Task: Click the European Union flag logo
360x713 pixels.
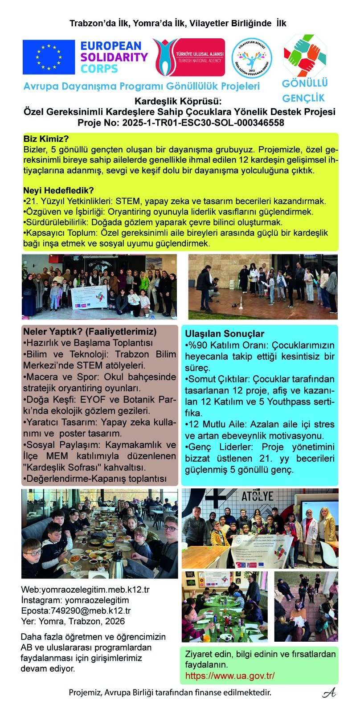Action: click(x=49, y=57)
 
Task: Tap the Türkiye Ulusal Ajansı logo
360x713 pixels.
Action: click(x=188, y=57)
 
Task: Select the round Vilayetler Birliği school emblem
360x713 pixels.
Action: click(x=252, y=58)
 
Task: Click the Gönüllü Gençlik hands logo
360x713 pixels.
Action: click(x=305, y=56)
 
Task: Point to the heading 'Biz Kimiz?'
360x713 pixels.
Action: click(x=46, y=139)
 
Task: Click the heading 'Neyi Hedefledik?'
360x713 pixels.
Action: click(x=58, y=191)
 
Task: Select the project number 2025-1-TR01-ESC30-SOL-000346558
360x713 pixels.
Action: click(x=203, y=123)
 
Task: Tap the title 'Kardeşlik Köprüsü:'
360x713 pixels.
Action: click(x=178, y=101)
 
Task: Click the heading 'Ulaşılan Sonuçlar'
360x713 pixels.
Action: click(x=225, y=334)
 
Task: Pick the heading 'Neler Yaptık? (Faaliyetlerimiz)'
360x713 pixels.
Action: click(x=90, y=332)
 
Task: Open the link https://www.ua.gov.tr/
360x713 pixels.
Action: click(x=230, y=676)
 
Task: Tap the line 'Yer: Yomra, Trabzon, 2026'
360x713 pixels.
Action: click(x=73, y=621)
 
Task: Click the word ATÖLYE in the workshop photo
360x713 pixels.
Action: click(x=257, y=496)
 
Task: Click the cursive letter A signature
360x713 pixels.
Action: click(x=329, y=693)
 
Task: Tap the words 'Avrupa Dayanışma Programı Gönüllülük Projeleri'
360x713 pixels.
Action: click(x=141, y=86)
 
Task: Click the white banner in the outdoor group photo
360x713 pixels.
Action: click(x=90, y=297)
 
